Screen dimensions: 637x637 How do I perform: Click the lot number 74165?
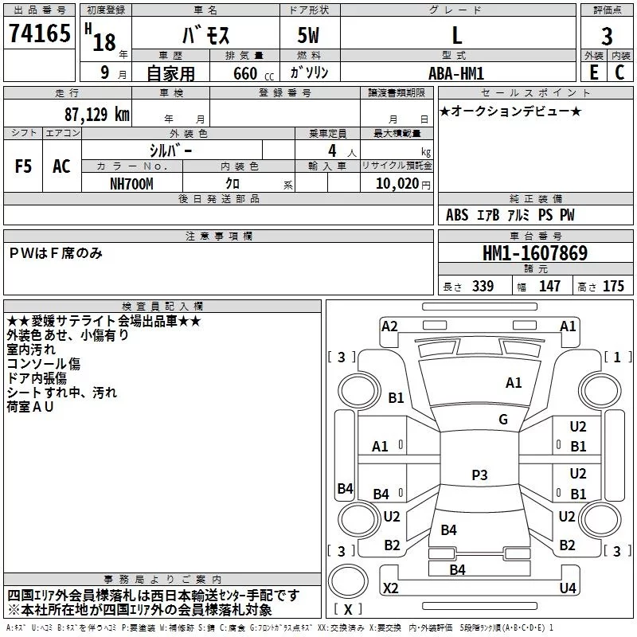[38, 34]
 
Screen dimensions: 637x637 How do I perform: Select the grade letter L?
[456, 36]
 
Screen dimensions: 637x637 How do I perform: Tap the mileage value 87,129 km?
[96, 114]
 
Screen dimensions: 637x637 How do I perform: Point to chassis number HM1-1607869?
[535, 254]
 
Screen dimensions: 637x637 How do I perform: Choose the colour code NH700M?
[132, 183]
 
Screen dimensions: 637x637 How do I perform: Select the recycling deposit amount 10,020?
[393, 184]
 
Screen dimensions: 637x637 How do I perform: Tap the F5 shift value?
[24, 166]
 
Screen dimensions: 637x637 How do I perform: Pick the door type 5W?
[309, 36]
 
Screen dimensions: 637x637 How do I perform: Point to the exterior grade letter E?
[593, 72]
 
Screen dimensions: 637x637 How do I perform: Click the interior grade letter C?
[619, 72]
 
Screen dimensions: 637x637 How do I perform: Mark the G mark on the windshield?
[503, 420]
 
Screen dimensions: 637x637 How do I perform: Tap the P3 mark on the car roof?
[479, 475]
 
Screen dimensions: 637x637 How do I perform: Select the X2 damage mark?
[391, 588]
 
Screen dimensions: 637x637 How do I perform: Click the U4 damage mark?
[568, 588]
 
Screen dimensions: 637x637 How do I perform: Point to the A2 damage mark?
[389, 326]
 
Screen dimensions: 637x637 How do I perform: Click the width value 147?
[550, 287]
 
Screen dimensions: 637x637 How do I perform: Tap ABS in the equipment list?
[457, 215]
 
